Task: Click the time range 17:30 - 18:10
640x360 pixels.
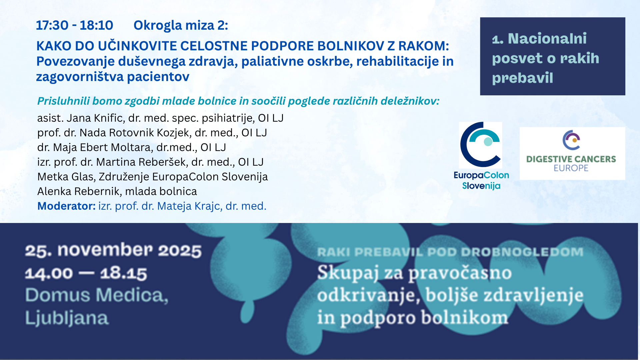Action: [75, 25]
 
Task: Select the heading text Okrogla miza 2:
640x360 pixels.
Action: [181, 25]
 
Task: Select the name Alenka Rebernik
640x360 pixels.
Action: [79, 191]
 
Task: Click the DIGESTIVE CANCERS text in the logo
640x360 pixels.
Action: [571, 159]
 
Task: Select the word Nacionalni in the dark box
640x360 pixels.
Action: [547, 39]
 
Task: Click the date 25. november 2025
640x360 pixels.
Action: [113, 250]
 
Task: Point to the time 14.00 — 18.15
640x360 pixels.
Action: [86, 273]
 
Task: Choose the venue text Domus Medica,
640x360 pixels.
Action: [97, 295]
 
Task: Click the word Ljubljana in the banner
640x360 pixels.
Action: [67, 318]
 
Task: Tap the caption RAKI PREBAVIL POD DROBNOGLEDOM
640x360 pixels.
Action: [450, 252]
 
